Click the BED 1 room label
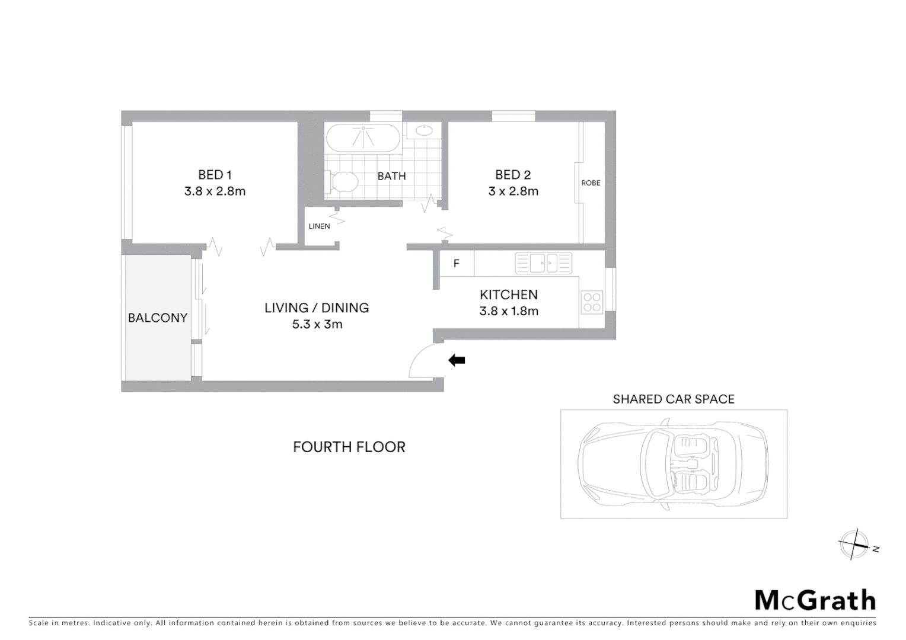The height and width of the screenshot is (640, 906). click(215, 175)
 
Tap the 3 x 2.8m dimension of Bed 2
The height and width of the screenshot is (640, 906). click(513, 191)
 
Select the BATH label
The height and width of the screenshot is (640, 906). click(391, 176)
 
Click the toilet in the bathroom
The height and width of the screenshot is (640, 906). click(342, 181)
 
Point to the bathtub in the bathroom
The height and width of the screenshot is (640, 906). click(363, 137)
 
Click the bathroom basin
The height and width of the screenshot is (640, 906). click(423, 130)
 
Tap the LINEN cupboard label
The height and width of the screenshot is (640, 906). click(319, 226)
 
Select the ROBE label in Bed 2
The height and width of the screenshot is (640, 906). click(591, 183)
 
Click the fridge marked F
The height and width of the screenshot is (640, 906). click(457, 264)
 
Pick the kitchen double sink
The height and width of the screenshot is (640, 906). click(543, 263)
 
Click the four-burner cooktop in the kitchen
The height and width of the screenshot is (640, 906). click(592, 302)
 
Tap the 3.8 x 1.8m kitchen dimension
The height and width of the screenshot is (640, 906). click(509, 311)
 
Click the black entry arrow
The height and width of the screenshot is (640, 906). click(457, 360)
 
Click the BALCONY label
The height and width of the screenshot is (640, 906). click(158, 318)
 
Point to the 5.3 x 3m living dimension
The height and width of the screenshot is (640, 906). click(317, 324)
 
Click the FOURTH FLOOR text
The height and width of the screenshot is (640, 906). click(349, 447)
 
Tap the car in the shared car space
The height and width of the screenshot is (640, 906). click(673, 464)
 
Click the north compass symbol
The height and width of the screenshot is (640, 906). click(854, 545)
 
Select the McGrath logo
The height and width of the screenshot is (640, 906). click(815, 600)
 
